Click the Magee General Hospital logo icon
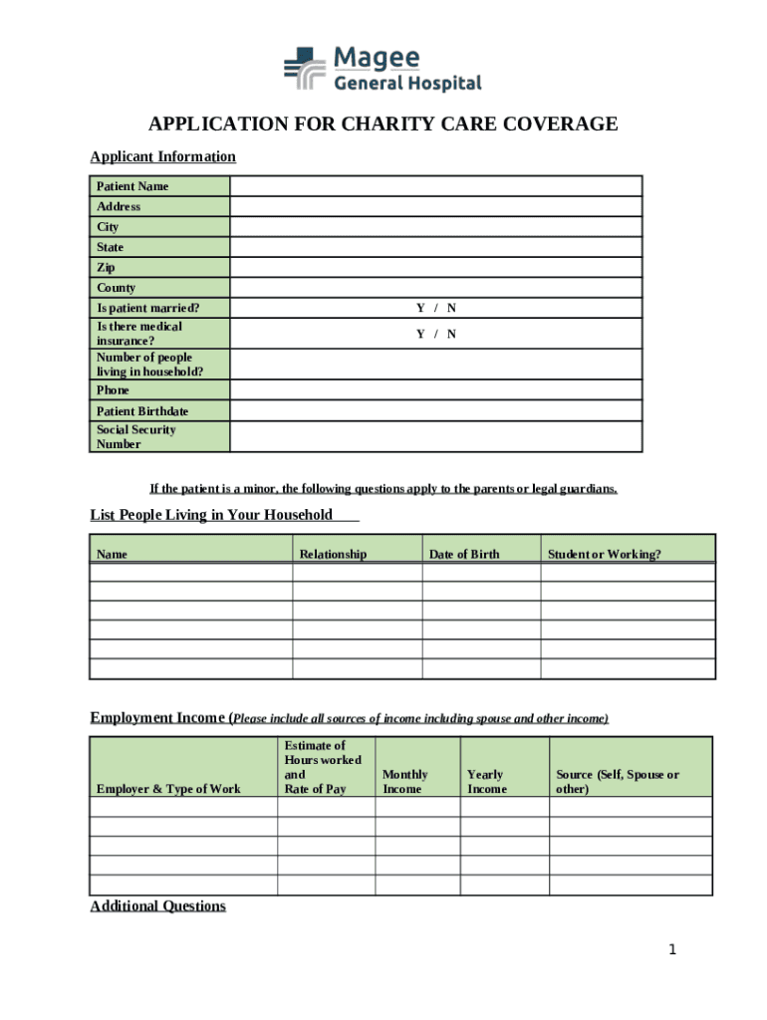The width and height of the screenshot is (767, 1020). tap(305, 71)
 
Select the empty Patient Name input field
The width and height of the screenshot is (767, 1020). tap(435, 186)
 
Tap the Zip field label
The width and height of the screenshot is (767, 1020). tap(107, 268)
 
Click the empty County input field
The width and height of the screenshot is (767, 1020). tap(435, 288)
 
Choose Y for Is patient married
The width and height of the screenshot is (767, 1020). tap(420, 309)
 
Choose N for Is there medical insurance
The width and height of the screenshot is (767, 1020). tap(451, 334)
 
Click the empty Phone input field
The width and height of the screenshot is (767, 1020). tap(435, 390)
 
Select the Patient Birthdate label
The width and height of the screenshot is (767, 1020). tap(142, 411)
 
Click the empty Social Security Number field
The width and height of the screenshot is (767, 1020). tap(435, 436)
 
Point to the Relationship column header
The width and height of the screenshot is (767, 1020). tap(333, 554)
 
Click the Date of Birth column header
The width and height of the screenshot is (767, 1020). tap(464, 554)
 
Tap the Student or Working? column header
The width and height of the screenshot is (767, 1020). tap(604, 554)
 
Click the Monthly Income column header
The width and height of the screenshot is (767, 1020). tap(405, 782)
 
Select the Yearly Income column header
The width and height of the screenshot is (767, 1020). tap(486, 782)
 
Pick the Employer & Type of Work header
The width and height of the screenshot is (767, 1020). tap(168, 789)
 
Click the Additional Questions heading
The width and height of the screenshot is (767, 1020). tap(157, 906)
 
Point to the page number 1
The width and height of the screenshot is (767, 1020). tap(672, 950)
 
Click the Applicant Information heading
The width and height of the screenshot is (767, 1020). tap(162, 156)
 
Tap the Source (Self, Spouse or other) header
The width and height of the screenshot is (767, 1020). tap(618, 782)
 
